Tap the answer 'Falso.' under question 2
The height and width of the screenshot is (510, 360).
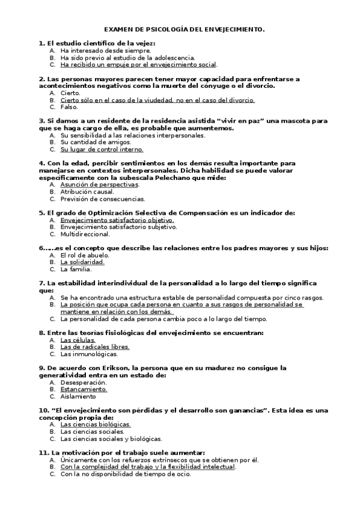point(69,107)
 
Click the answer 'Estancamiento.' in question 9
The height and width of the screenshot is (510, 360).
point(84,389)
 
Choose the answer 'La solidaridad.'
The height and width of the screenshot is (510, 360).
point(82,262)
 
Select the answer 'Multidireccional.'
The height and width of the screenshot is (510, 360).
point(85,234)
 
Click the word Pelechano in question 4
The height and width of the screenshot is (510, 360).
point(154,178)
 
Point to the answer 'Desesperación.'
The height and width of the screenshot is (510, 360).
point(84,382)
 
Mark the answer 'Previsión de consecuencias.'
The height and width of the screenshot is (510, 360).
point(102,199)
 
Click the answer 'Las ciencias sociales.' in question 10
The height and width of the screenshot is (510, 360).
point(93,431)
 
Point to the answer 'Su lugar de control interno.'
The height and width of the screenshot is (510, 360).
point(102,150)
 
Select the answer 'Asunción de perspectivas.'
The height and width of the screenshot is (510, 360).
point(99,185)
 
